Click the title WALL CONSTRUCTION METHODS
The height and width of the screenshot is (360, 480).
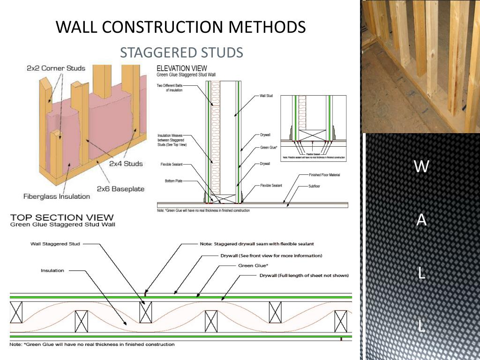click(x=180, y=27)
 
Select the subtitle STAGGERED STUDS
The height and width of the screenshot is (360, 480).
click(x=181, y=52)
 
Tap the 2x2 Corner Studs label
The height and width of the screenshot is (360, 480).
click(x=56, y=68)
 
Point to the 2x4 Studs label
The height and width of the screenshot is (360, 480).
click(x=126, y=164)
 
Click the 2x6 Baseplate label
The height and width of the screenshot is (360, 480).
click(x=120, y=189)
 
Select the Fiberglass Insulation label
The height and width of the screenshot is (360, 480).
click(x=56, y=196)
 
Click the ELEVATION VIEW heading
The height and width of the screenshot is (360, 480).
click(x=182, y=68)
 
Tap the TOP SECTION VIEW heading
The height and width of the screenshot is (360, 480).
click(x=62, y=217)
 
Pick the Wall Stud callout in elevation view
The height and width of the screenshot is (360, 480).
click(x=266, y=96)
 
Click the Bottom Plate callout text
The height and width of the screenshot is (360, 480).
click(x=173, y=181)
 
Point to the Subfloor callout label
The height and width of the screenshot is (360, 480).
click(x=314, y=186)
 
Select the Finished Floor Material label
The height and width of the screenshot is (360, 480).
click(x=324, y=175)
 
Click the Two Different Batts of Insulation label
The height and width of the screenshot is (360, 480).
click(x=170, y=88)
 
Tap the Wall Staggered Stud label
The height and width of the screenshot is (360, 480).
click(x=55, y=244)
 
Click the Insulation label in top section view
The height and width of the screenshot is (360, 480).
click(x=52, y=270)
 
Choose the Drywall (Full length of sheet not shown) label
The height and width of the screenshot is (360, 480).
click(x=304, y=275)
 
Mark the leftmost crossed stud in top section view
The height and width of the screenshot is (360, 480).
click(x=16, y=313)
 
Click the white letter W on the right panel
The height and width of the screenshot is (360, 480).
click(x=421, y=166)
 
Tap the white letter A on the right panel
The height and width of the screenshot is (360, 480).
click(x=421, y=220)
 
